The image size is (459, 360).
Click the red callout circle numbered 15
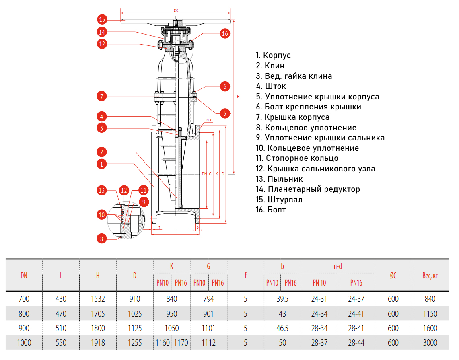[102, 19]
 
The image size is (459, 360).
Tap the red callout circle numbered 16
[225, 33]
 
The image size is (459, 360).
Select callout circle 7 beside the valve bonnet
[102, 96]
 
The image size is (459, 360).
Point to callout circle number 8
[102, 239]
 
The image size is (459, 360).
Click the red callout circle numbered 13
[102, 190]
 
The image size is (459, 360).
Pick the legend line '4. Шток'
[271, 86]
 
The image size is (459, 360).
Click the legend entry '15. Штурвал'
[279, 200]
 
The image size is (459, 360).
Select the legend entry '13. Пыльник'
[279, 179]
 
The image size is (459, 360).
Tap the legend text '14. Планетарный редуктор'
[308, 189]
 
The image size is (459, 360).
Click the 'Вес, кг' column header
[430, 275]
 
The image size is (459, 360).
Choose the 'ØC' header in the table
[393, 275]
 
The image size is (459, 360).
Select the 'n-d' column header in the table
[338, 266]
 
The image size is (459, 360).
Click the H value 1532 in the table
[98, 299]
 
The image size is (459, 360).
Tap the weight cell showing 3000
[430, 343]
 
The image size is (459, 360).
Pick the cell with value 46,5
[282, 328]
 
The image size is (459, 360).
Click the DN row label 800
[24, 314]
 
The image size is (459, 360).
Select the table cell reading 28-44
[356, 343]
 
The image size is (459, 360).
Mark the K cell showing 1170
[181, 343]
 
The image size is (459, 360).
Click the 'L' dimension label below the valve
[175, 230]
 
